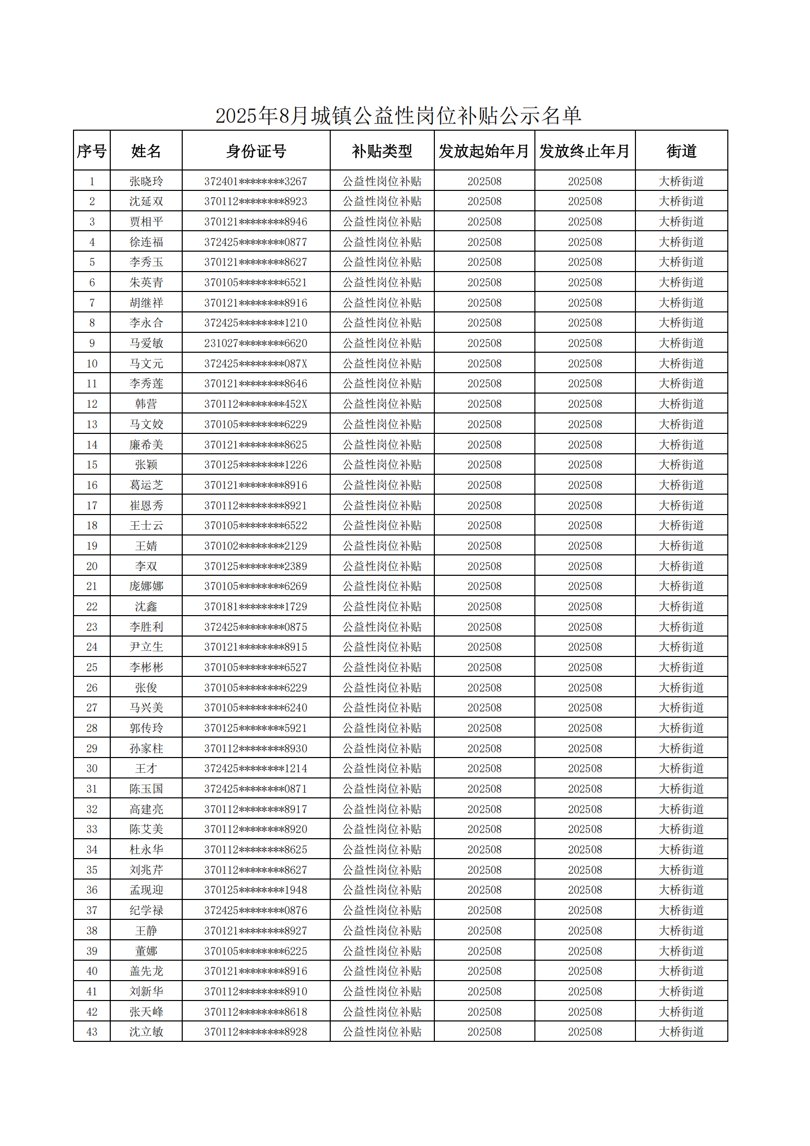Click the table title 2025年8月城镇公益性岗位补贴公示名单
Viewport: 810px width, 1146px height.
point(398,116)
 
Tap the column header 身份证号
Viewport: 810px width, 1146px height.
point(256,151)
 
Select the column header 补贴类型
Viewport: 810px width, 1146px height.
point(382,151)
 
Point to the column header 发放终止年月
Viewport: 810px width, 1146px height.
point(584,151)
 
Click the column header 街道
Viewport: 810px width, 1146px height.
point(681,151)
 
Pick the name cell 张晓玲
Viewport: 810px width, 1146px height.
point(146,181)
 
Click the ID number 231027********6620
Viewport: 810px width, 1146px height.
point(256,343)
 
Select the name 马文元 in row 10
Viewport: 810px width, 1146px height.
point(146,363)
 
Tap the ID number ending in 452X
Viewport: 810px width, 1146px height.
point(256,404)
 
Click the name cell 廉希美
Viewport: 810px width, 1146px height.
point(146,445)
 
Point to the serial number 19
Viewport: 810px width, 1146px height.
point(92,546)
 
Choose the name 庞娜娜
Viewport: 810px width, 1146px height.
point(146,586)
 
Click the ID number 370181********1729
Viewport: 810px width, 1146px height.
point(256,606)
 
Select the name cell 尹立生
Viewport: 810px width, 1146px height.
point(146,647)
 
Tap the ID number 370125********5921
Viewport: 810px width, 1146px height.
point(256,728)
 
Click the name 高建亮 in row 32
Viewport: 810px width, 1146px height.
point(146,809)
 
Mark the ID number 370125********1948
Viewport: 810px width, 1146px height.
point(256,890)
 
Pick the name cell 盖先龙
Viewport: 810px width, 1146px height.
point(146,971)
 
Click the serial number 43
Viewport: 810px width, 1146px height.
point(92,1032)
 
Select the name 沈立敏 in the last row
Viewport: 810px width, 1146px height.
point(146,1032)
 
